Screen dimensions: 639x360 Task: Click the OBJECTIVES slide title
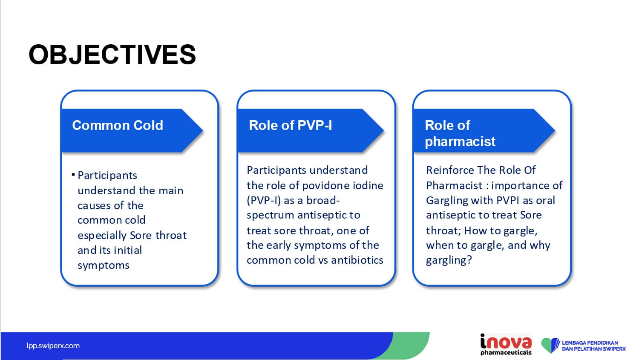112,55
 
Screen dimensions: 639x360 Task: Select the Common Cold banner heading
118,125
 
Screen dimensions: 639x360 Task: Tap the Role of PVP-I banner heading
291,125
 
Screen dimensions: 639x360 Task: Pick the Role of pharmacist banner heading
460,133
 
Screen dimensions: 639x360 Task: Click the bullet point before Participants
73,175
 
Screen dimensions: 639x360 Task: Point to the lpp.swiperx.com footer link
53,346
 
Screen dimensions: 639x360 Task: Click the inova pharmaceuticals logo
506,344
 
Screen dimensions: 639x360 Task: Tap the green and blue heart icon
550,345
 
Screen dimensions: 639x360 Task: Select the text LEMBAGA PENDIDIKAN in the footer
590,343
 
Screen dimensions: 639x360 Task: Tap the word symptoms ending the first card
104,266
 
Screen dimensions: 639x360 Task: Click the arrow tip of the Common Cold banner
203,131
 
